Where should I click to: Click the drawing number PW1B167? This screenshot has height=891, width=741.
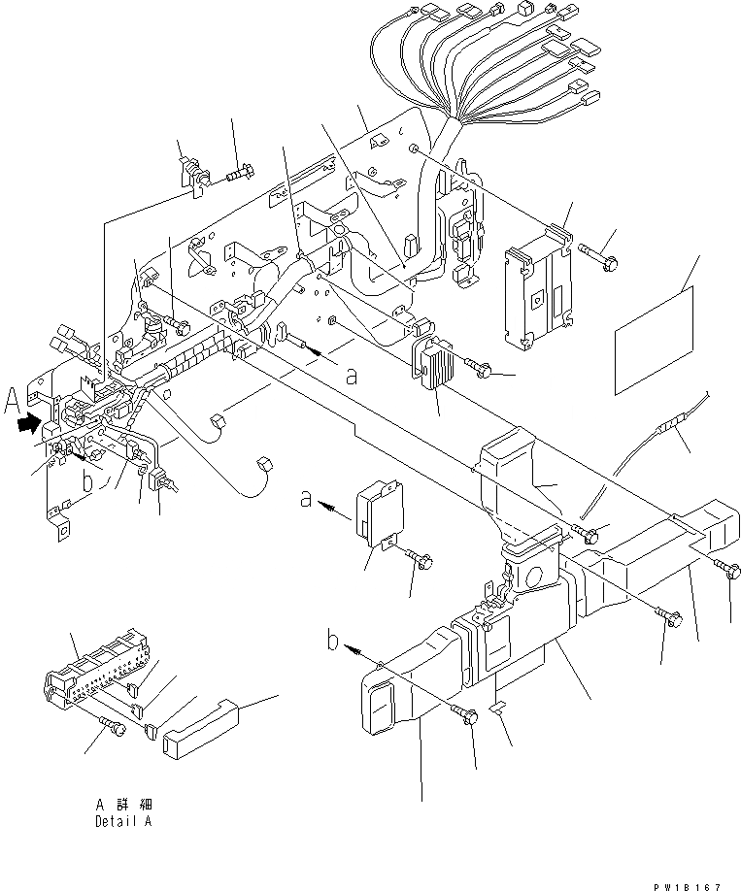click(688, 884)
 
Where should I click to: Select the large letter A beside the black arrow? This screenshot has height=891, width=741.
click(12, 399)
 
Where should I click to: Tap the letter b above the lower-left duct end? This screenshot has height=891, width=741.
click(333, 641)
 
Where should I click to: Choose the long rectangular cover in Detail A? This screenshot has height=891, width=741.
click(200, 730)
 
